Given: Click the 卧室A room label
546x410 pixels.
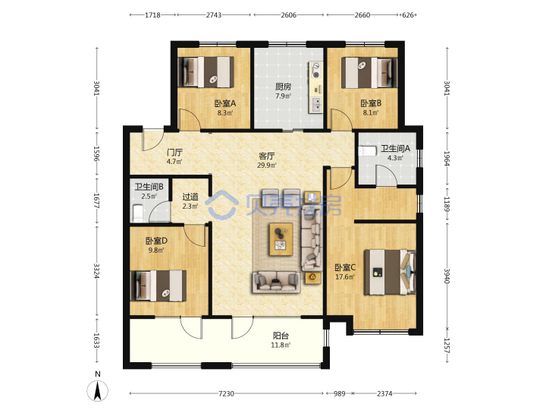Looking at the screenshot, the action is [x=225, y=103].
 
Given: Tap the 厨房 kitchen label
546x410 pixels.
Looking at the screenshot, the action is [x=283, y=87].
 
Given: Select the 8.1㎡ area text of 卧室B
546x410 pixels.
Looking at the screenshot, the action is [x=371, y=112].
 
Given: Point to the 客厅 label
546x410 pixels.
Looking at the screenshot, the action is [x=266, y=156].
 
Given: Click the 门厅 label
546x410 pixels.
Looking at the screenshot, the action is [x=174, y=153].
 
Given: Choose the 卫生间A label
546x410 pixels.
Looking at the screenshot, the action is [x=395, y=149].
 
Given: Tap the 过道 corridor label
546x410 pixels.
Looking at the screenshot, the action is [x=190, y=197].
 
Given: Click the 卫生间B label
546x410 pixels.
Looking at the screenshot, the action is [x=149, y=187].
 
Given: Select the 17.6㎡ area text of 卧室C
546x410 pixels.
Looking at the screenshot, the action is [x=345, y=277].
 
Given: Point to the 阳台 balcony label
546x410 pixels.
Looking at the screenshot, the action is [x=281, y=336].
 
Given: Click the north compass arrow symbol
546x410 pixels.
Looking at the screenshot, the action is [x=98, y=390].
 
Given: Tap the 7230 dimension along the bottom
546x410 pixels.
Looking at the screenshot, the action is [x=226, y=393].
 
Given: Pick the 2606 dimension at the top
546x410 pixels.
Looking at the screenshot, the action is [x=289, y=15].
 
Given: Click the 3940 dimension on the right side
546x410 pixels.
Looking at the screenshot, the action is [x=447, y=276].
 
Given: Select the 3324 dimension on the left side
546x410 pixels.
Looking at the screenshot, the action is [x=96, y=270].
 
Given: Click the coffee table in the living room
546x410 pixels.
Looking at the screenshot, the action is [x=281, y=239].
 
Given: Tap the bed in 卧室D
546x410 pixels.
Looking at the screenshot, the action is [x=158, y=286].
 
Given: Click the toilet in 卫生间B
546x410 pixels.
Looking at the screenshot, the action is [x=137, y=213].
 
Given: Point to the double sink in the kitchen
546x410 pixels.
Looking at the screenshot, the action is [x=316, y=104].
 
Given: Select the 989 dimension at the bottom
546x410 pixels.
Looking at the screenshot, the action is [x=339, y=393].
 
